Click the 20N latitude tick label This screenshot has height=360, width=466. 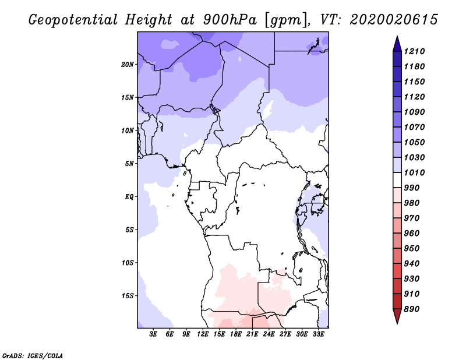[128, 65]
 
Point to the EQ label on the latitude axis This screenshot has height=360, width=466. [129, 197]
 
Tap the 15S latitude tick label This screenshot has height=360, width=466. [128, 296]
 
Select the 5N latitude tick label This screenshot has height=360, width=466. [129, 164]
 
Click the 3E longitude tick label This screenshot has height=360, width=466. [153, 334]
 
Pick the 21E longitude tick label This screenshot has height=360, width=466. [252, 334]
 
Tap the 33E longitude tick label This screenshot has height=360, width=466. [318, 334]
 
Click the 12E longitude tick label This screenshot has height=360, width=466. [203, 334]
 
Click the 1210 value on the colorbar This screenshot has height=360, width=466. [414, 51]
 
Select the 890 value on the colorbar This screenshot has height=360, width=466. [412, 309]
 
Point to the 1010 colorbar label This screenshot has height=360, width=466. [414, 172]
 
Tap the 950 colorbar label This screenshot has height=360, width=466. [412, 249]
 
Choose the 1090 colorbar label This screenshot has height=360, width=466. [414, 112]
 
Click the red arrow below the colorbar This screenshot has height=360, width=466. [397, 316]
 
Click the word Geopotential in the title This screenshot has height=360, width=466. [73, 20]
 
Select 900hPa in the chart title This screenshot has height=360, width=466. [230, 20]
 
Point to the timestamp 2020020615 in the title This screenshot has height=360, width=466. [394, 20]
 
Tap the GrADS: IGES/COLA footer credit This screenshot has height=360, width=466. [33, 356]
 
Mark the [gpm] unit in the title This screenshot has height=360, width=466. [285, 20]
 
